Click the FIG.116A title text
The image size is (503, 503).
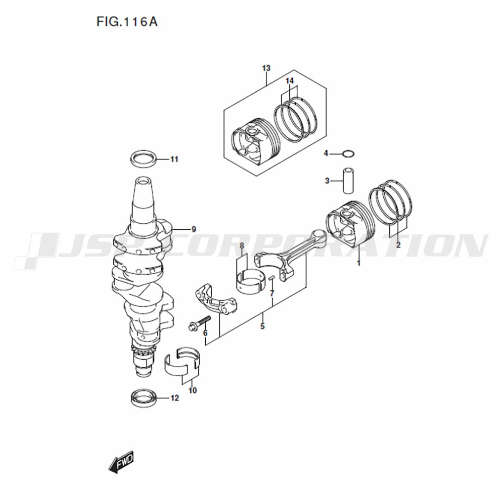[x=127, y=22]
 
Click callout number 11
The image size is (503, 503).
[x=174, y=159]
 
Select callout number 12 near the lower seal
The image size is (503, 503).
[x=175, y=398]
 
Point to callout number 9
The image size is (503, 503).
[x=194, y=229]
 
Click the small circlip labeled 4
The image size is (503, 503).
[x=349, y=154]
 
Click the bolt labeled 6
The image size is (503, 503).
[x=199, y=323]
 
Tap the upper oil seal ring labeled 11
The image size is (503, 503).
[x=144, y=158]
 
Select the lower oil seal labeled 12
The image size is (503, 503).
[x=144, y=398]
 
